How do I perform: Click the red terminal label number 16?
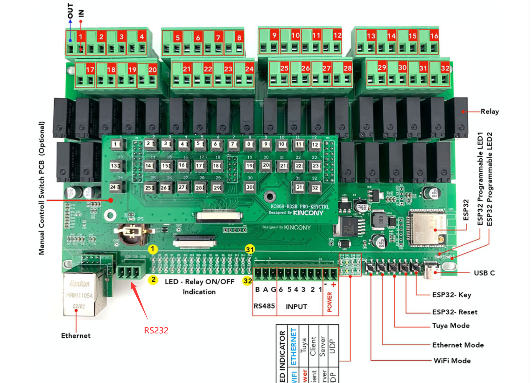(434, 36)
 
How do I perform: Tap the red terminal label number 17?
(90, 70)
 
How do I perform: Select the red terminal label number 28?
(347, 68)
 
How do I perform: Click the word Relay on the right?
(490, 112)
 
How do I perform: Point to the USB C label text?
(484, 273)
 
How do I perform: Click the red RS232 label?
(156, 330)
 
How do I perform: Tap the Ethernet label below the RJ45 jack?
(76, 336)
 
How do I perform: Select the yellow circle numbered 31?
(250, 250)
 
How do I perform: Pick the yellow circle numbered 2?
(153, 280)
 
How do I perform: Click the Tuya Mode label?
(451, 326)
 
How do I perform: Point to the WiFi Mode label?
(452, 361)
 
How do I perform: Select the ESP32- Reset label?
(455, 312)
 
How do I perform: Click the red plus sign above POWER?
(334, 285)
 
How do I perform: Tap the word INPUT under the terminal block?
(296, 307)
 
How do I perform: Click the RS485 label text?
(264, 306)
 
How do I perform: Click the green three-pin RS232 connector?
(129, 273)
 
